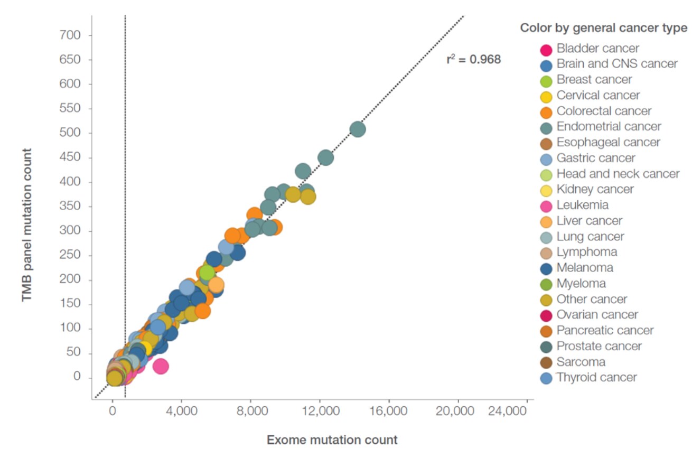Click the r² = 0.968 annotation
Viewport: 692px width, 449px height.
tap(473, 59)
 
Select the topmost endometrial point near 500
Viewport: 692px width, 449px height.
tap(358, 129)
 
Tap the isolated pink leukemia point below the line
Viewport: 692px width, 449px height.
tap(161, 366)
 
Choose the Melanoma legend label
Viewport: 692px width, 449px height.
tap(585, 268)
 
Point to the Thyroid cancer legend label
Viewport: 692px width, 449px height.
tap(596, 377)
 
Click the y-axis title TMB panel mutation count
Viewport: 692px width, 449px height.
tap(27, 225)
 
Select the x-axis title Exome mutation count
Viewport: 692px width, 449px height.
tap(332, 439)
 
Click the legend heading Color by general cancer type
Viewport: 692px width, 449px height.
tap(604, 28)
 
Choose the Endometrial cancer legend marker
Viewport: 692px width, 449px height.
tap(547, 128)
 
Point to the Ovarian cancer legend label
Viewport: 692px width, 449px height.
tap(597, 315)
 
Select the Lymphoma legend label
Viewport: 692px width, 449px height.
tap(587, 252)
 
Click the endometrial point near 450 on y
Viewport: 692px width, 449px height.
tap(326, 157)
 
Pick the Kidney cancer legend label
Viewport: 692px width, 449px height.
tap(595, 189)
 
